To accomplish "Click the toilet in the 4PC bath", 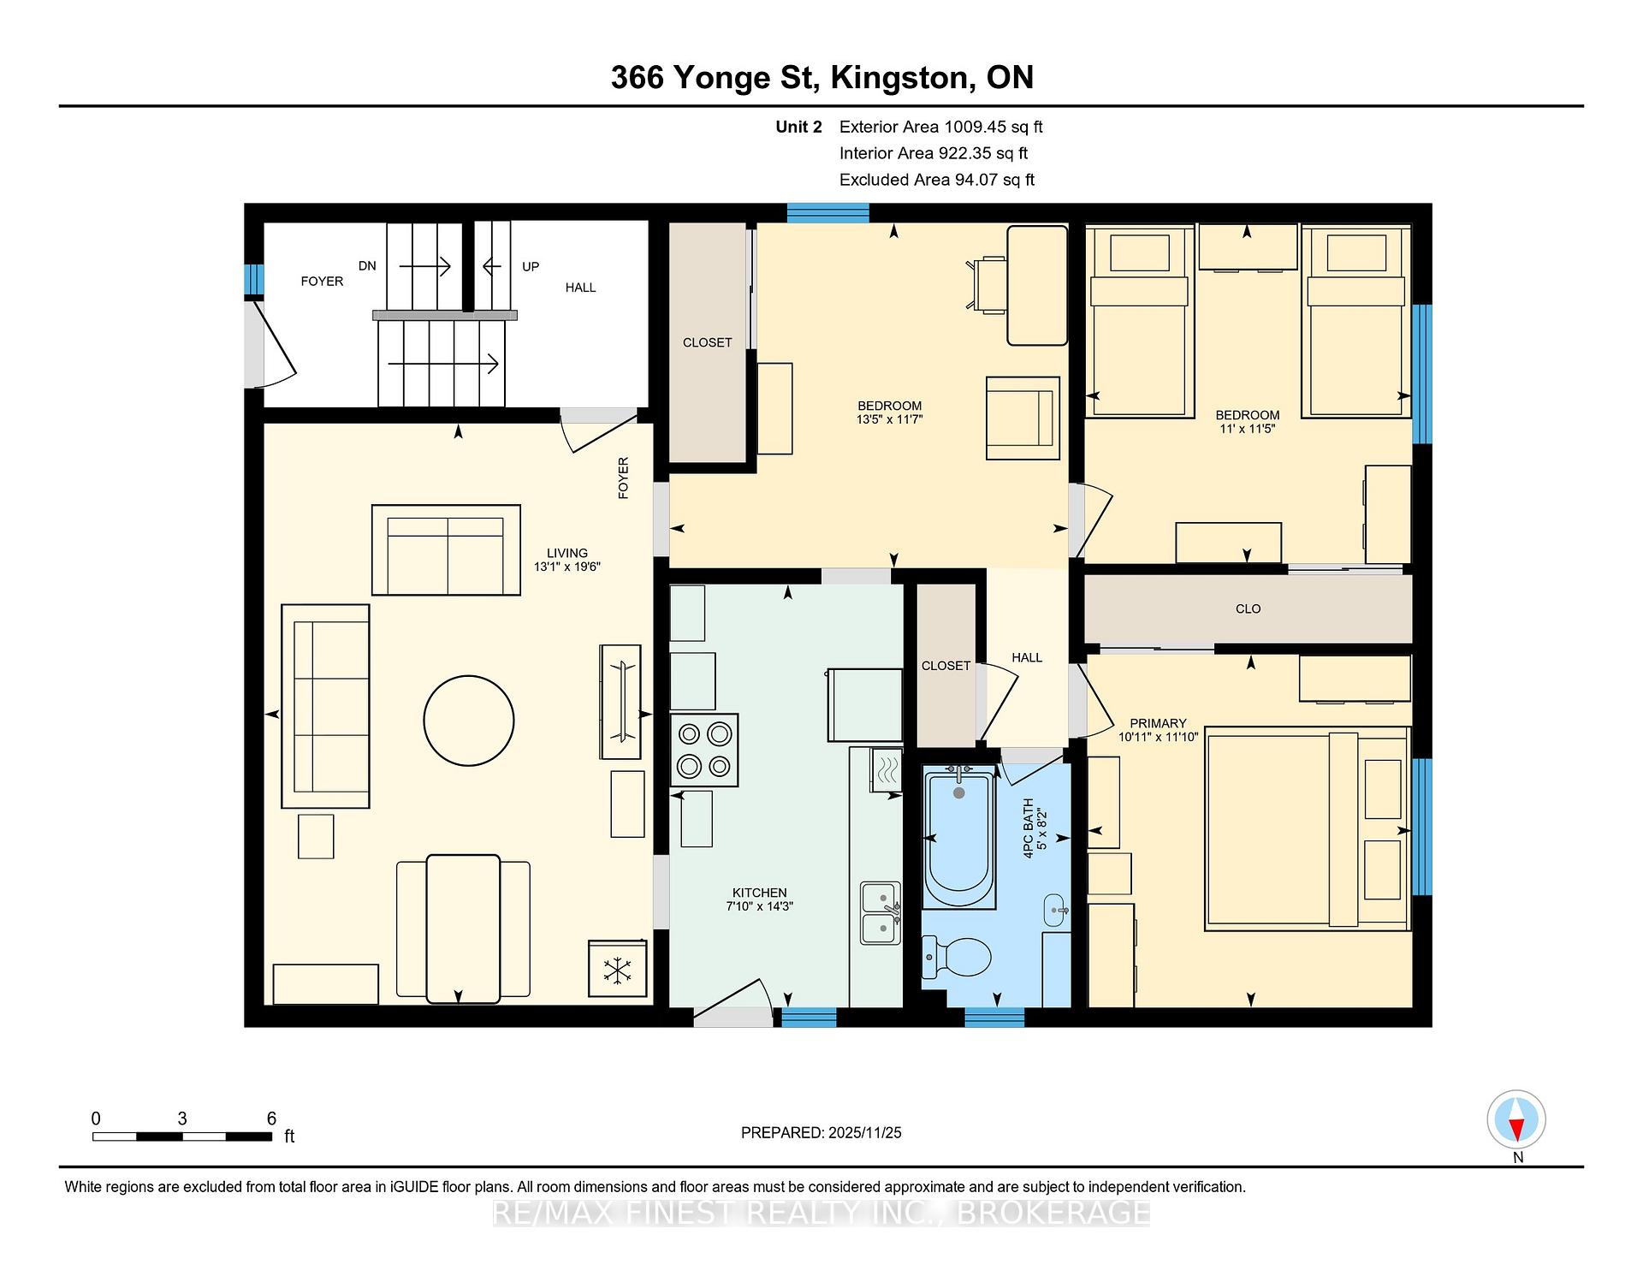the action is pos(957,956).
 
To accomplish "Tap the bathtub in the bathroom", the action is pos(959,837).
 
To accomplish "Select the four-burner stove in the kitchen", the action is pos(704,750).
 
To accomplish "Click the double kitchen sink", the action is pos(881,913).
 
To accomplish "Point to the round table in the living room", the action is pos(469,721).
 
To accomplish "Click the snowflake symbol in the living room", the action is pos(617,969).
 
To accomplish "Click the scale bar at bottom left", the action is pos(182,1136).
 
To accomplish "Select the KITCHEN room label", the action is pos(760,893).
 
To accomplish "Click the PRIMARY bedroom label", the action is pos(1158,723).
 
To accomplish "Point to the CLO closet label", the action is pos(1249,608).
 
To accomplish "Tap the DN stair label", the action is pos(367,266).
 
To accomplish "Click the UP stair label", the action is pos(531,266).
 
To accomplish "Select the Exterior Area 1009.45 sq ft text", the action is pos(941,127).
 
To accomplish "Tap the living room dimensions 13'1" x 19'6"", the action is pos(567,567).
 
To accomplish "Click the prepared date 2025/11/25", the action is pos(865,1132).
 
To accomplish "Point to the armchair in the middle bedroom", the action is pos(1023,418).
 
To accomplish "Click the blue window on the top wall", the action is pos(827,213).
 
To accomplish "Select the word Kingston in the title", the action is pos(901,78).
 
